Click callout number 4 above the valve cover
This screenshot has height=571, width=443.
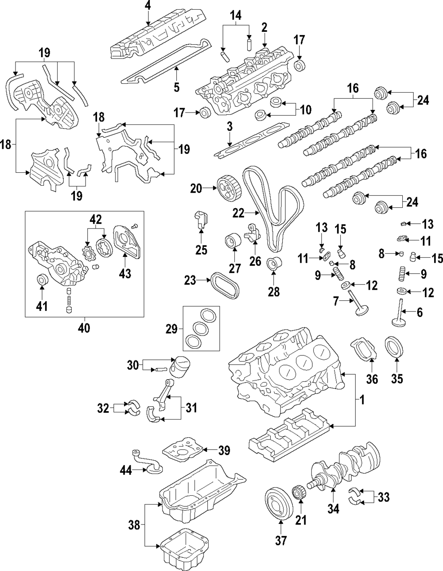148,6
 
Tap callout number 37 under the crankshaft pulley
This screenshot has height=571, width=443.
280,540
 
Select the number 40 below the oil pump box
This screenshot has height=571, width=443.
84,328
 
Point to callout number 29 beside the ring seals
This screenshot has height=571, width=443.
172,329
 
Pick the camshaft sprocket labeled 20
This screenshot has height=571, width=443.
229,189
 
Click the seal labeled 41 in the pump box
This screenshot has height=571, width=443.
42,279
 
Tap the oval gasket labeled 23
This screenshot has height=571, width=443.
225,285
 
